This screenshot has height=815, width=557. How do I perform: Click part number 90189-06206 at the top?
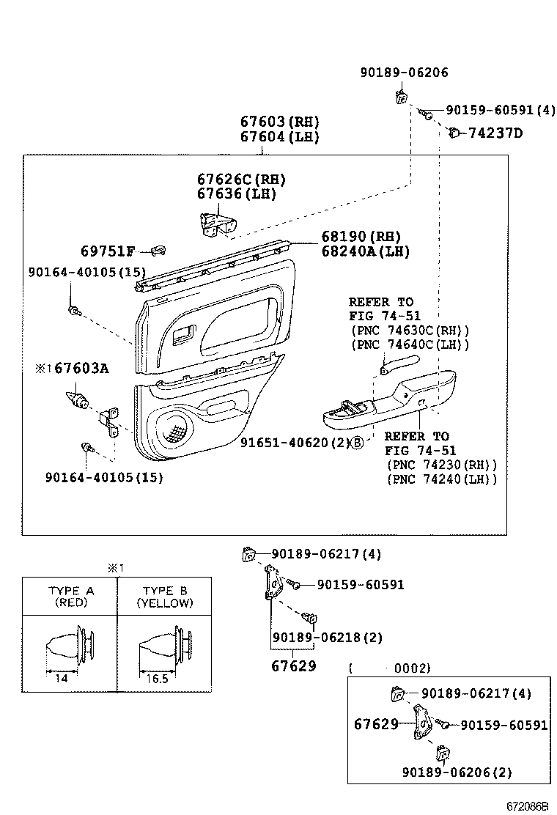[x=404, y=73]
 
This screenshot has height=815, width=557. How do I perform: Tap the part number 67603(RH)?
[x=280, y=121]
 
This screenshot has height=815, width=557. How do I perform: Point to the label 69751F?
[x=108, y=251]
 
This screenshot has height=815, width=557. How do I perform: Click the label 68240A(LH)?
[x=365, y=251]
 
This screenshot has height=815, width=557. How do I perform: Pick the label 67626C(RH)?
[x=241, y=179]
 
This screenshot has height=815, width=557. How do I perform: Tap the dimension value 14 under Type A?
[x=61, y=678]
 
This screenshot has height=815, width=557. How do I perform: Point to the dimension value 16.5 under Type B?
[x=158, y=678]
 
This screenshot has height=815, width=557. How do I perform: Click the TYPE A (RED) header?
[x=70, y=597]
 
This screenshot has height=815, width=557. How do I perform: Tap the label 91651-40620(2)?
[x=295, y=443]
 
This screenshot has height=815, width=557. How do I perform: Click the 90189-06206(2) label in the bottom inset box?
[x=457, y=772]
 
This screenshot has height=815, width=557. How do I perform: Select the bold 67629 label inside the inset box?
[x=376, y=724]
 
